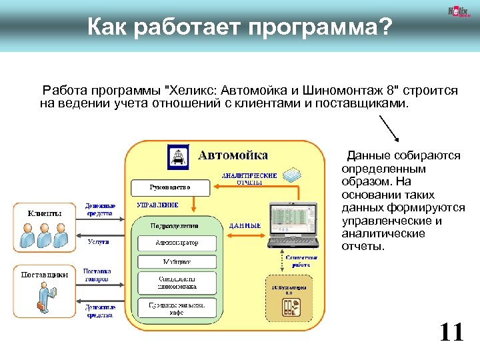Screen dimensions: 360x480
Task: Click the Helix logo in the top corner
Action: tap(459, 12)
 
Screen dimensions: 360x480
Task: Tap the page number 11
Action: tap(451, 331)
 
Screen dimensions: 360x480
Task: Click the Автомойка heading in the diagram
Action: tap(233, 155)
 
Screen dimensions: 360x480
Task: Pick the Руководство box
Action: tap(169, 187)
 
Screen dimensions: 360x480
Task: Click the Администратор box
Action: tap(177, 243)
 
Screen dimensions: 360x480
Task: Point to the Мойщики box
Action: tap(177, 262)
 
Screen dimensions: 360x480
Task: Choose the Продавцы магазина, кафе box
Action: tap(177, 307)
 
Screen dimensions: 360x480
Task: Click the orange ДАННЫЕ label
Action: tap(245, 226)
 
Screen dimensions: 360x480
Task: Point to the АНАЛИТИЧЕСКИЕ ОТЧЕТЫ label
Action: tap(249, 178)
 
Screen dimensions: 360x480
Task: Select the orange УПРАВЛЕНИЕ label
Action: tap(157, 205)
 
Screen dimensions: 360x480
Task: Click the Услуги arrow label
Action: tap(99, 242)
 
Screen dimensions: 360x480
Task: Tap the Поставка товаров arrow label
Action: tap(97, 275)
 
